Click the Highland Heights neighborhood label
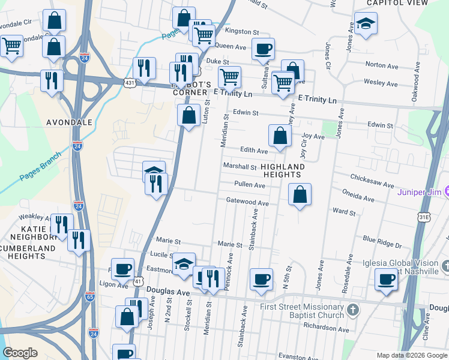pos(282,170)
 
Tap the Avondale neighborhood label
pos(70,122)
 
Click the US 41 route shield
pos(139,281)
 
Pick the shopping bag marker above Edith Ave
pos(280,136)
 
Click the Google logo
pos(20,353)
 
